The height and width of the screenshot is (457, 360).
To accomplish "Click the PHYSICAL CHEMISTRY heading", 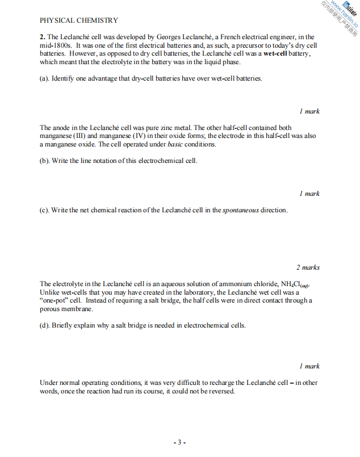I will [x=79, y=20].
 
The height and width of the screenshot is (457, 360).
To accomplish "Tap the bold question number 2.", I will [x=41, y=37].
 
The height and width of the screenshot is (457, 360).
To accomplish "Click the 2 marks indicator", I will [x=308, y=267].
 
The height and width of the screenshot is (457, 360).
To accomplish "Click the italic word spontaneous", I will [x=241, y=210].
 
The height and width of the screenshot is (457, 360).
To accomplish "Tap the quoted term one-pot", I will [x=55, y=300].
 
